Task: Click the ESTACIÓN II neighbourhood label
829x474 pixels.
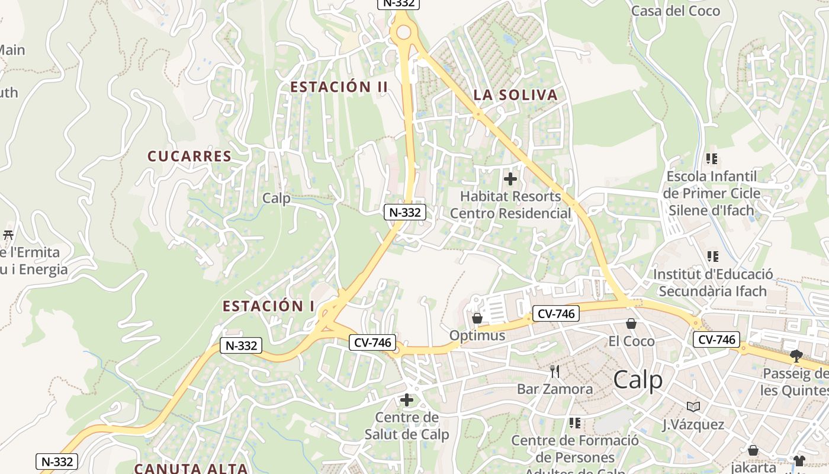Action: [x=339, y=87]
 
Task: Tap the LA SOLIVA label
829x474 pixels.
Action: [x=515, y=95]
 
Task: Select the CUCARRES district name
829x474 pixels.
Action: [x=189, y=156]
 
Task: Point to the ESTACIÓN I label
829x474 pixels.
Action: [x=268, y=306]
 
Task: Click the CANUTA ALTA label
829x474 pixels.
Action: [x=190, y=468]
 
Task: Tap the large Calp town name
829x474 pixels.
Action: [x=638, y=380]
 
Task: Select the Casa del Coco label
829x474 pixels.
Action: [x=676, y=11]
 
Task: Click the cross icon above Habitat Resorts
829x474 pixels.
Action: [x=510, y=178]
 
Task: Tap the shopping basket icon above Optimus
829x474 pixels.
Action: [x=477, y=319]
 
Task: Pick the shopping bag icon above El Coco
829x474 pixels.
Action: [x=631, y=324]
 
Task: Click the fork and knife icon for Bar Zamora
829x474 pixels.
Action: [x=555, y=371]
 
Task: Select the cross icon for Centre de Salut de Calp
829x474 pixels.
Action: [x=407, y=400]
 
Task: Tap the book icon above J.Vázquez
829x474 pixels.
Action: [x=693, y=406]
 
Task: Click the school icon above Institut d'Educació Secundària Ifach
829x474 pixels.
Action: [x=712, y=257]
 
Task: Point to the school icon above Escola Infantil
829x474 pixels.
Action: [x=711, y=159]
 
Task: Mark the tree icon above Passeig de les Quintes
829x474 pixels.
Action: [x=796, y=355]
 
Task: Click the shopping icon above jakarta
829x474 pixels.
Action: [x=753, y=450]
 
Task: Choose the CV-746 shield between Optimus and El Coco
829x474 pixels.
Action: [x=555, y=314]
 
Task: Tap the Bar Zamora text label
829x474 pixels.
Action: [x=555, y=389]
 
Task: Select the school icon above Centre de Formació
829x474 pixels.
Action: [x=574, y=423]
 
